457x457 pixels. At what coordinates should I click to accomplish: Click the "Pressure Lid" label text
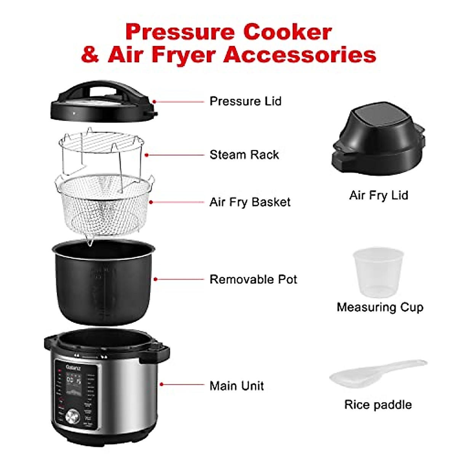coord(245,101)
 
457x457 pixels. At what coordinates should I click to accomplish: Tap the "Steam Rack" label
coord(244,155)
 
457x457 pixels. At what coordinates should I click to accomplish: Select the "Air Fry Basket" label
coord(250,202)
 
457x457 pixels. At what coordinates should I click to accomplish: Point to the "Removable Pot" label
coord(253,280)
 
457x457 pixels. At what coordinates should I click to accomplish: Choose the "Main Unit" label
coord(236,386)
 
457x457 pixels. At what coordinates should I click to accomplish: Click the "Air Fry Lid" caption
coord(379,195)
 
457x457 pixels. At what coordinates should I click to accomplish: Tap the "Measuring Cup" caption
coord(380,307)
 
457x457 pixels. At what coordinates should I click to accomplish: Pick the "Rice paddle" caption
coord(378,404)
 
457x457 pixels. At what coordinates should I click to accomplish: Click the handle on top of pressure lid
coord(103,88)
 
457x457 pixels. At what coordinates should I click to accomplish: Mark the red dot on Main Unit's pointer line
coord(162,385)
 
